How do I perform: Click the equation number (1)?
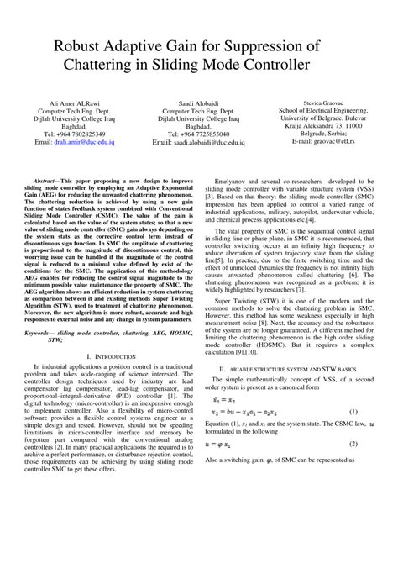(353, 434)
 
